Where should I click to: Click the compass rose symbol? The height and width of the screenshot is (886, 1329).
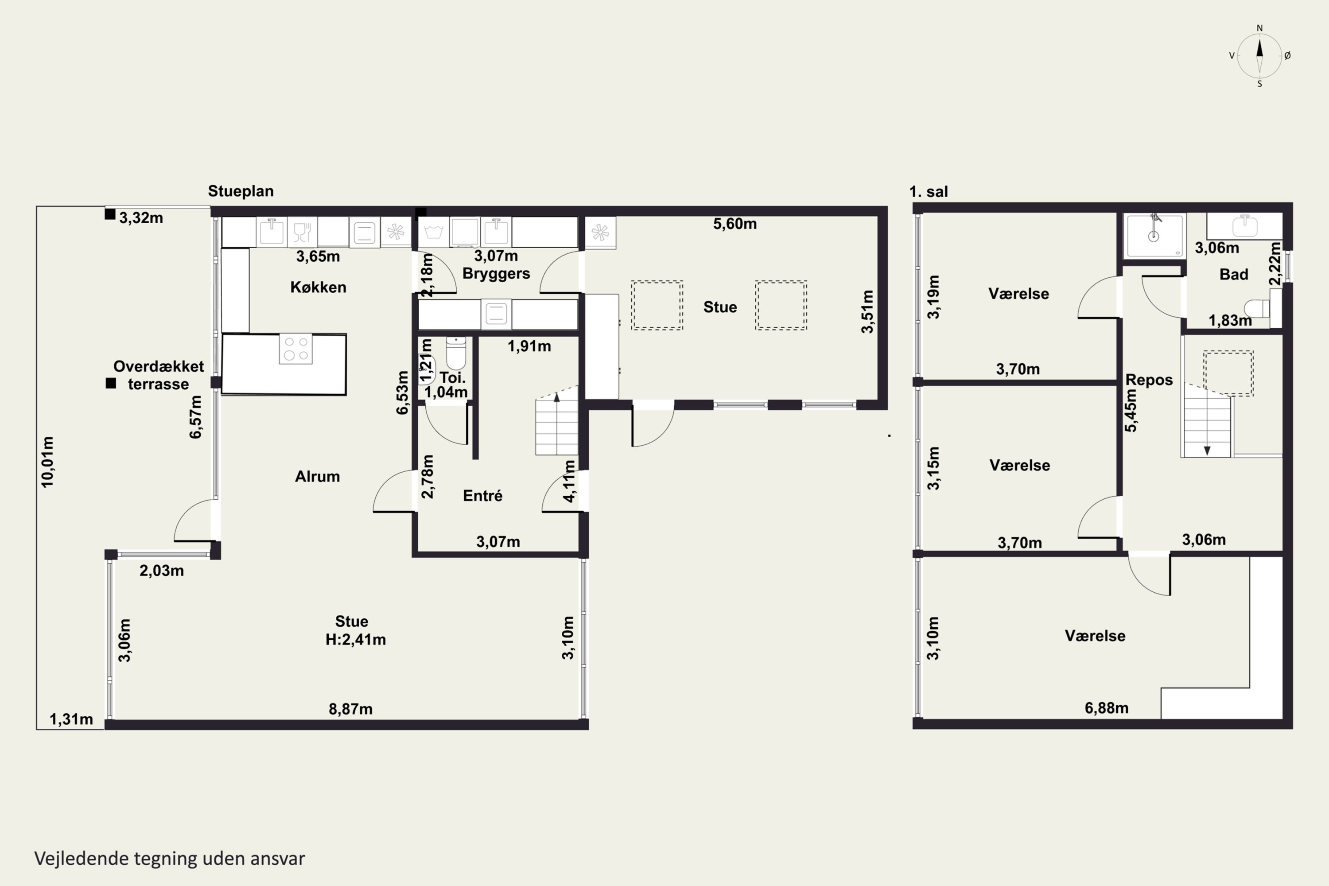point(1259,55)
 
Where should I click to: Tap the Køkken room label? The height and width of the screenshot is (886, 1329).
point(318,287)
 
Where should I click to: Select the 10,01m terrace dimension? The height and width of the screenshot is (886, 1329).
point(47,462)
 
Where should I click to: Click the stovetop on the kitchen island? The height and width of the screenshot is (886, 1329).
point(295,349)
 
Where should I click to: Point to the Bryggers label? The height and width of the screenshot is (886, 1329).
point(496,273)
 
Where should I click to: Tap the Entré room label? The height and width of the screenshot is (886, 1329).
point(482,496)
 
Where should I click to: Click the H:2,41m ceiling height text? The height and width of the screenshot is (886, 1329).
point(355,640)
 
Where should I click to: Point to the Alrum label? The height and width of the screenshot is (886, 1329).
point(317,476)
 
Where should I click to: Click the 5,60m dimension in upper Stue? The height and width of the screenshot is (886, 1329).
point(734,224)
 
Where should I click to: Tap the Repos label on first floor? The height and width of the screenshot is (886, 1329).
point(1149,380)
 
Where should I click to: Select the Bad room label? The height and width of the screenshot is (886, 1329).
point(1233,275)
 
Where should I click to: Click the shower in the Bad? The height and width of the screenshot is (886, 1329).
point(1154,236)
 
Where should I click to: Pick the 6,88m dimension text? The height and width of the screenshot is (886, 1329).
point(1106,708)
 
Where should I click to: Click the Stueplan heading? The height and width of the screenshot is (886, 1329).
point(241,191)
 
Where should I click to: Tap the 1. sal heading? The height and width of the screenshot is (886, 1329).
point(929,191)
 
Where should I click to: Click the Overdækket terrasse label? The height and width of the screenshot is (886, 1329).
point(158,375)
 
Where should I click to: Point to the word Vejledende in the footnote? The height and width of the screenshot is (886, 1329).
point(82,859)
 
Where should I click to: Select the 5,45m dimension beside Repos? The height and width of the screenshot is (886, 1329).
point(1131,411)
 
